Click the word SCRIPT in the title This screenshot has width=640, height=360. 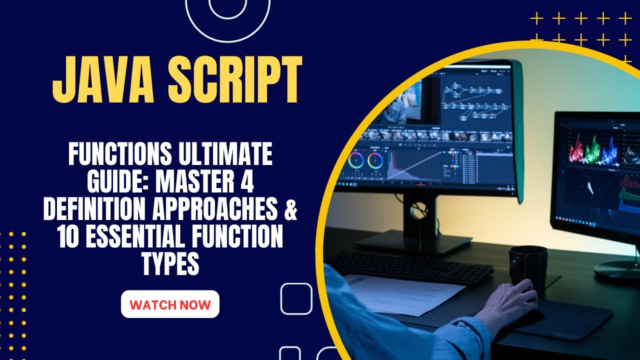click(234, 80)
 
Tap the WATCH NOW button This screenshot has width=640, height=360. click(170, 304)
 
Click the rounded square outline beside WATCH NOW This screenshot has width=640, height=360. click(296, 298)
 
